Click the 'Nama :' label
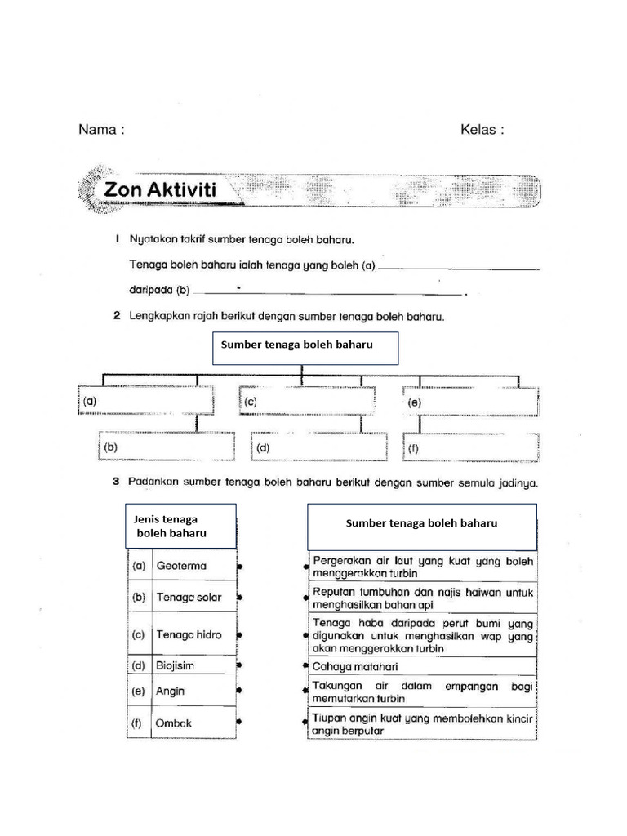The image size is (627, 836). click(x=101, y=130)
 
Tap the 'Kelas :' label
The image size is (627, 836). click(x=482, y=130)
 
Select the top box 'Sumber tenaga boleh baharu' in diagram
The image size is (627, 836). click(x=305, y=348)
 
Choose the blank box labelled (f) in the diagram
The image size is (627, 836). click(x=470, y=447)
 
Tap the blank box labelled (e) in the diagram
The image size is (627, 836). click(x=470, y=402)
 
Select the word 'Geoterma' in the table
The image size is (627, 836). click(x=181, y=566)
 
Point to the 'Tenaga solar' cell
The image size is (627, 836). click(x=189, y=598)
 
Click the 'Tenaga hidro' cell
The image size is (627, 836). click(x=189, y=634)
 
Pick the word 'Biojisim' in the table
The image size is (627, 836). click(x=176, y=665)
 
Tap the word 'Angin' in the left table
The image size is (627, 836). click(x=171, y=691)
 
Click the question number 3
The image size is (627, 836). click(x=116, y=482)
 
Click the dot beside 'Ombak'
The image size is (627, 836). click(x=238, y=723)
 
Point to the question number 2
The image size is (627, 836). click(x=117, y=316)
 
